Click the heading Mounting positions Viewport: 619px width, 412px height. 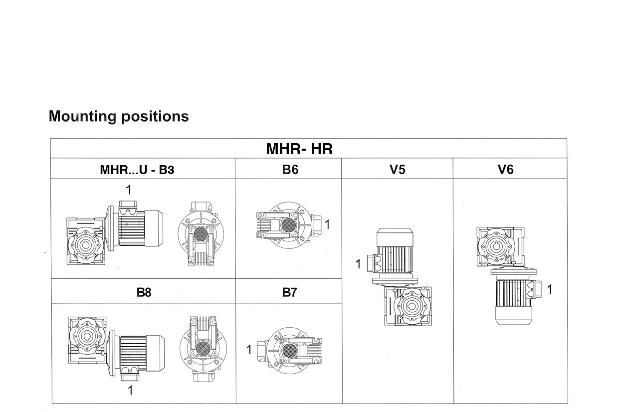tap(119, 116)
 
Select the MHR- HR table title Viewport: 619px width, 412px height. tap(299, 149)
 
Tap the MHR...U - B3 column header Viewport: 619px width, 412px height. tap(137, 170)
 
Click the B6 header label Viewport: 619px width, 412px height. tap(290, 170)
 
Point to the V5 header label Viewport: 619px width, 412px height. tap(397, 170)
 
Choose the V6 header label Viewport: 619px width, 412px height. tap(505, 170)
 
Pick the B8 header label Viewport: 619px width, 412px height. tap(144, 292)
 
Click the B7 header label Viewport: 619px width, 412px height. tap(290, 292)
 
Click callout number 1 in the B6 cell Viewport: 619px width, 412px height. tap(327, 225)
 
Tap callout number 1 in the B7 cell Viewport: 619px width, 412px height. tap(249, 350)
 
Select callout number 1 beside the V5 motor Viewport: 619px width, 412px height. tap(358, 264)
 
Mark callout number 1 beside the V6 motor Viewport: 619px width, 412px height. tap(550, 289)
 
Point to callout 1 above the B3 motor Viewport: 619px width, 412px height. tap(129, 190)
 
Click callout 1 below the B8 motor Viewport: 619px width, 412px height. tap(130, 390)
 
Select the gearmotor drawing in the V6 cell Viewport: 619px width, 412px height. tap(506, 274)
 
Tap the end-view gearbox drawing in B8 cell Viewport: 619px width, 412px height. tap(203, 348)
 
